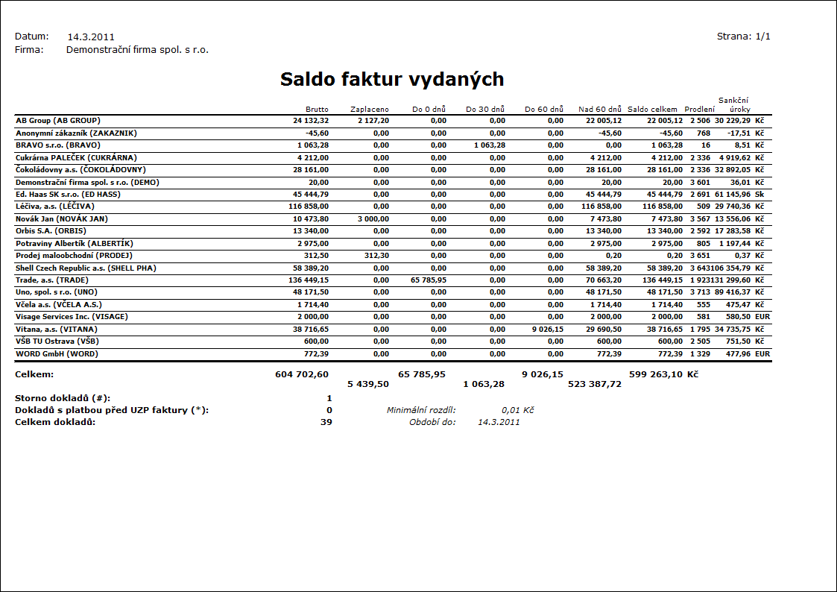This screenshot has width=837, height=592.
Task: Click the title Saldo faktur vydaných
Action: [392, 80]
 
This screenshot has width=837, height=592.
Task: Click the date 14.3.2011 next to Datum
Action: [91, 37]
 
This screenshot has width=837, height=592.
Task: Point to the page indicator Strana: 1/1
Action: [743, 36]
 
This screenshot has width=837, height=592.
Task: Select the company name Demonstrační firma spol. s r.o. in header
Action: [137, 50]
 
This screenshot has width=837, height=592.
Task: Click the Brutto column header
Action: [317, 110]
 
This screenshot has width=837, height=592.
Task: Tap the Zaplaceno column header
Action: [369, 110]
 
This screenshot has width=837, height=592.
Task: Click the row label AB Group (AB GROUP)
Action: [58, 120]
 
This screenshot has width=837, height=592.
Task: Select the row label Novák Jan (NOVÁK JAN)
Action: [62, 218]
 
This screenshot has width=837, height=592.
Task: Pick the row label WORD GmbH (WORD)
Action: [57, 353]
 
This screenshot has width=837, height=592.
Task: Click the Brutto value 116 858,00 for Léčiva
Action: [307, 206]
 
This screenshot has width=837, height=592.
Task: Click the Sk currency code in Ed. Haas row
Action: [759, 194]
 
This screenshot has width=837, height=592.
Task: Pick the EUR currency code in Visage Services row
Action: [762, 316]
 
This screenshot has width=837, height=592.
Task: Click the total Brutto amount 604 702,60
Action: [302, 374]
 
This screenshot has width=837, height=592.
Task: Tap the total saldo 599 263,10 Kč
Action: [663, 374]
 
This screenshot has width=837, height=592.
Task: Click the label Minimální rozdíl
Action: [421, 410]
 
